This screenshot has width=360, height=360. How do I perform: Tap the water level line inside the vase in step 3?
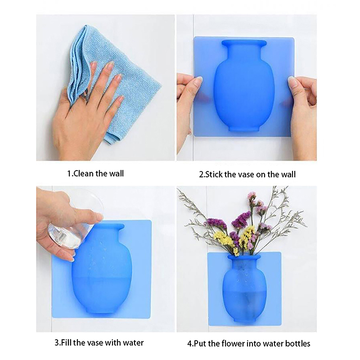[102, 276]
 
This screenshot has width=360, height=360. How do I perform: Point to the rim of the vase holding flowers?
[244, 256]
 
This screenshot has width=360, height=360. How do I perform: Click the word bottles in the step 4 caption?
[297, 343]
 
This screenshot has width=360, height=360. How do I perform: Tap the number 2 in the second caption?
[201, 175]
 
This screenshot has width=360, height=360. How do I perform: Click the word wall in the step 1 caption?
[117, 173]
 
